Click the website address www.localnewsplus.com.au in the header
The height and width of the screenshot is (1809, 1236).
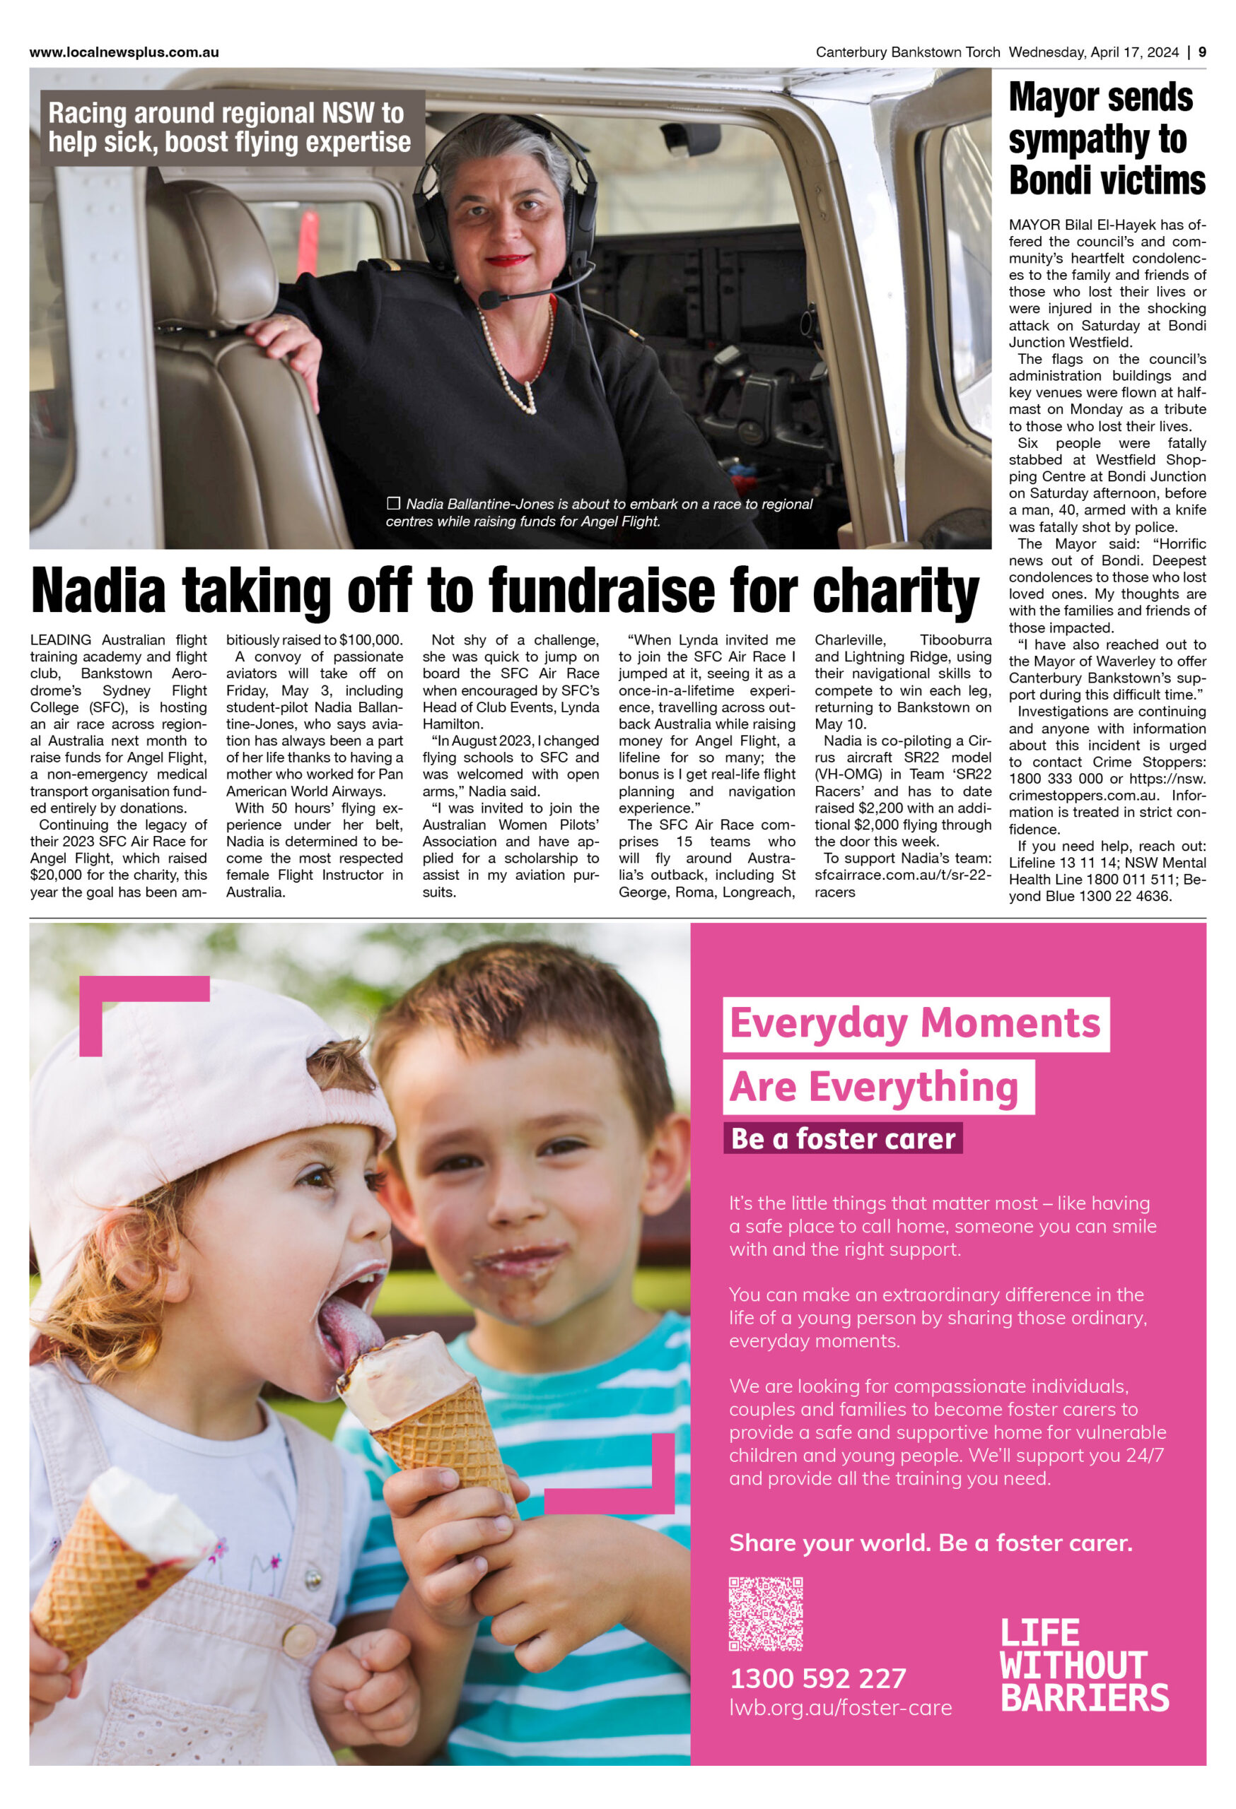point(124,52)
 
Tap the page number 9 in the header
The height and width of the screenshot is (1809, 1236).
point(1202,52)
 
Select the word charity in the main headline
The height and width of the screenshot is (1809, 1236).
point(895,591)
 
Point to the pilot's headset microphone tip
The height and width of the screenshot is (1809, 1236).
point(489,299)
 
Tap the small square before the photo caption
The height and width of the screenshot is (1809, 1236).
point(393,504)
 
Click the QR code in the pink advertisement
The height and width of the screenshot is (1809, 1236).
point(765,1614)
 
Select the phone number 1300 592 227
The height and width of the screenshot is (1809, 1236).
point(818,1678)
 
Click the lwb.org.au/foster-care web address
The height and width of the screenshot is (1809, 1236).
point(840,1708)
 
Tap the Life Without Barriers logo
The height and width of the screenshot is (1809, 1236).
point(1084,1666)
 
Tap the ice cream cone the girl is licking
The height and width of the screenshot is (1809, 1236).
point(424,1401)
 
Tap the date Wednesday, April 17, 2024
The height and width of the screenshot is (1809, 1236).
point(1092,52)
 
